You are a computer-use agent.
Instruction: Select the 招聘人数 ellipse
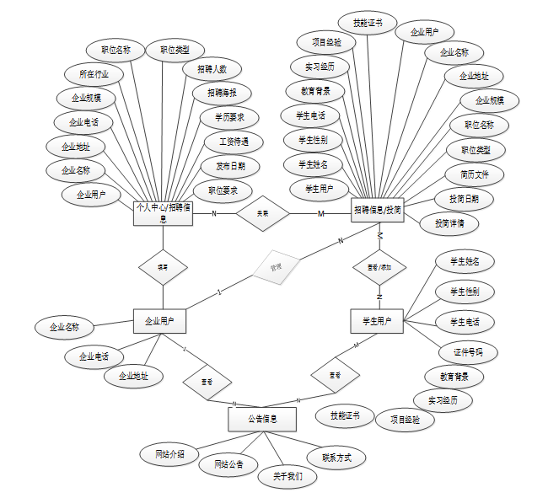click(x=212, y=69)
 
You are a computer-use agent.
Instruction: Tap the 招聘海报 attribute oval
click(x=222, y=93)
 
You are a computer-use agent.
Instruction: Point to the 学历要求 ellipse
click(x=229, y=116)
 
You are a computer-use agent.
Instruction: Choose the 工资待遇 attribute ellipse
click(x=234, y=142)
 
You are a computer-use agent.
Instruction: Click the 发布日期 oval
click(x=230, y=165)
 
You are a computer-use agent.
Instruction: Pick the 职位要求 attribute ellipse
click(x=223, y=190)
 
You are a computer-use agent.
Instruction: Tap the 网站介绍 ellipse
click(x=169, y=454)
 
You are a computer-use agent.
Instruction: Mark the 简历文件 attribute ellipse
click(x=474, y=174)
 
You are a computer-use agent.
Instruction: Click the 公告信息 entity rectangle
click(x=263, y=418)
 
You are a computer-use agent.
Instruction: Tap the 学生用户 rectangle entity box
click(x=377, y=321)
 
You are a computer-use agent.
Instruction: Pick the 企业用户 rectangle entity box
click(x=159, y=321)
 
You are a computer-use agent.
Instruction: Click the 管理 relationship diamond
click(x=276, y=267)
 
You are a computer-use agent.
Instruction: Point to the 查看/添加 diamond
click(x=379, y=267)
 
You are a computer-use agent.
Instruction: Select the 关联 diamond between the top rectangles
click(x=263, y=214)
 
